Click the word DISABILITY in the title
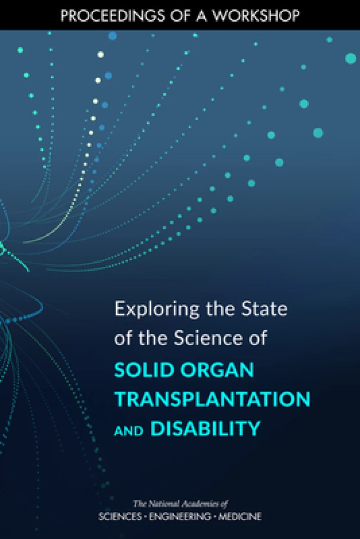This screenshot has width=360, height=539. [205, 428]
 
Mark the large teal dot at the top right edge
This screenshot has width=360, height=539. [351, 58]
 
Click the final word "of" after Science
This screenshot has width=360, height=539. [258, 339]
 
